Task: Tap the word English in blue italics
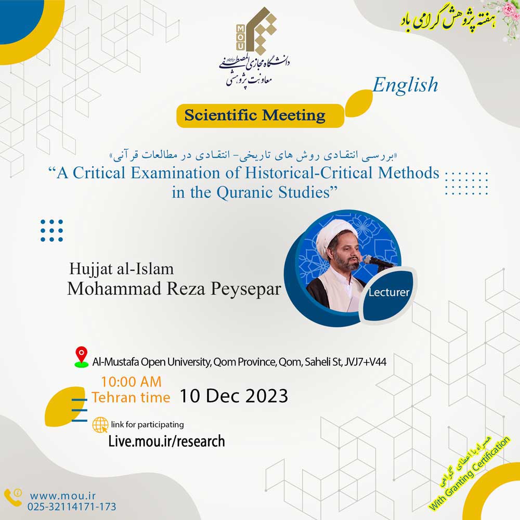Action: point(405,85)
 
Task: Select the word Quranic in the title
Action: point(245,192)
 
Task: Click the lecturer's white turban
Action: point(333,233)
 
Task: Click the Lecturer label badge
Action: point(388,292)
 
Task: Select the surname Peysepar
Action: point(246,289)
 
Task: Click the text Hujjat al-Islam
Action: point(121,269)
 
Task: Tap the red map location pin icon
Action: point(81,357)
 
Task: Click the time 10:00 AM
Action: point(132,382)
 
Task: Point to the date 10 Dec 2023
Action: point(234,396)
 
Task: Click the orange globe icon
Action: point(100,425)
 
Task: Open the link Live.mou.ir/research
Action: point(167,441)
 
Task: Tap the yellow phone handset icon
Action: point(12,498)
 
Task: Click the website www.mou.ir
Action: point(63,496)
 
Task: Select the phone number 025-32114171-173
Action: point(72,506)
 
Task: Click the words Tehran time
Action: point(131,397)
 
